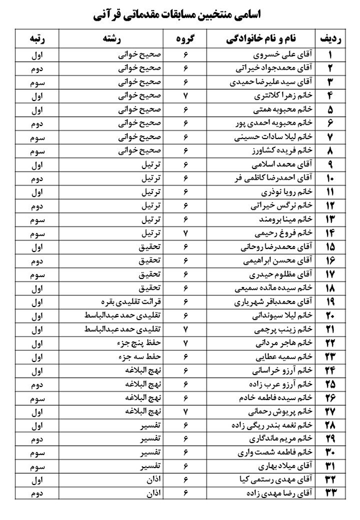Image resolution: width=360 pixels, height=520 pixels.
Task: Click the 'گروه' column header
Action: tap(185, 39)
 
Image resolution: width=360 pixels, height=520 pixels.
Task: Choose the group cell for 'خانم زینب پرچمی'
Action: tap(185, 330)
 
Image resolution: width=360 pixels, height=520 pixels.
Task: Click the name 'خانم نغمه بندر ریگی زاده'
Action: tap(275, 426)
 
